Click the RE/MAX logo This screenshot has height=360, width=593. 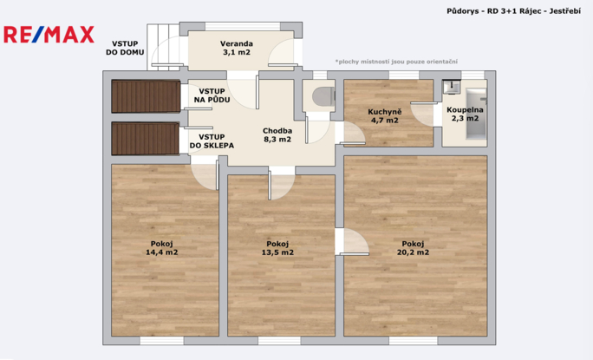point(49,35)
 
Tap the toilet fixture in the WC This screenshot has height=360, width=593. point(323,96)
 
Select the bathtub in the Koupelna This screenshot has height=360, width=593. point(476,114)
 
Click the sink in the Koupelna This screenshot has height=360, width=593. point(451,87)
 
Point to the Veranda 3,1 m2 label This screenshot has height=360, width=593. point(237,48)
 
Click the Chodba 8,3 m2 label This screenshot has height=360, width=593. point(277,134)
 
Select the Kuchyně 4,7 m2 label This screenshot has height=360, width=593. point(384,116)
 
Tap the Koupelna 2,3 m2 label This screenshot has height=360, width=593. point(465,114)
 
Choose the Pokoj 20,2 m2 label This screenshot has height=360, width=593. point(413,248)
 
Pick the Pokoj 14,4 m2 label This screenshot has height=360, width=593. point(162,248)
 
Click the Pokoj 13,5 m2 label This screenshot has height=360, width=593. point(277,248)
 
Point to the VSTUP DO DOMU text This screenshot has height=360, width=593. point(125,48)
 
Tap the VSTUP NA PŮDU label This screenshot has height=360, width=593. point(212,95)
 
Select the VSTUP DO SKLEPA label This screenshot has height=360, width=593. point(212,141)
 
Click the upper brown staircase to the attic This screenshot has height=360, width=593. point(146,96)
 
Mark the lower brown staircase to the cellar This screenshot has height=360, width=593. point(146,138)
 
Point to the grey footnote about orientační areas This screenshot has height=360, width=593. point(396,62)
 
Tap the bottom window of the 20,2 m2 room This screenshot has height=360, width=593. point(413,341)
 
